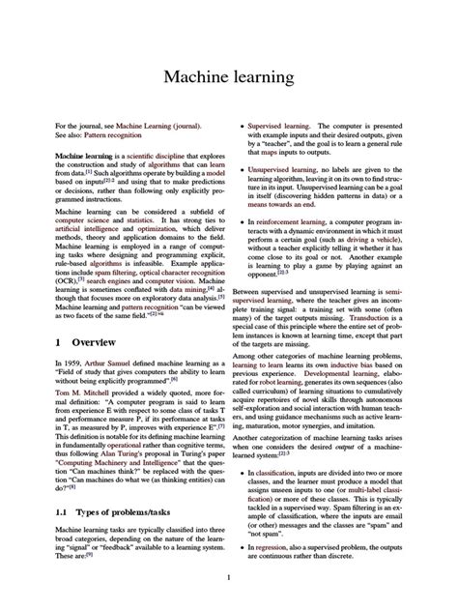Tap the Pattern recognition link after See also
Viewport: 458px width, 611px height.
[117, 135]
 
